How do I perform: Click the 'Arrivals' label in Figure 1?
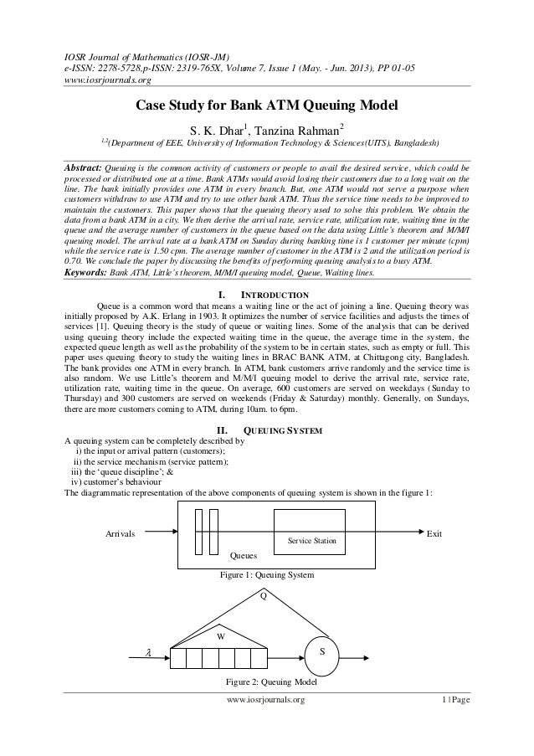tap(121, 533)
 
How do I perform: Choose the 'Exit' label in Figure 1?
tap(434, 533)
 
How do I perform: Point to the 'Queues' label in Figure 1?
tap(244, 555)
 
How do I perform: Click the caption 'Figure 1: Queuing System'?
tap(266, 575)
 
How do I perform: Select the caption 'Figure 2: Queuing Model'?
tap(266, 682)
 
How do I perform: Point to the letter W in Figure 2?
tap(221, 635)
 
